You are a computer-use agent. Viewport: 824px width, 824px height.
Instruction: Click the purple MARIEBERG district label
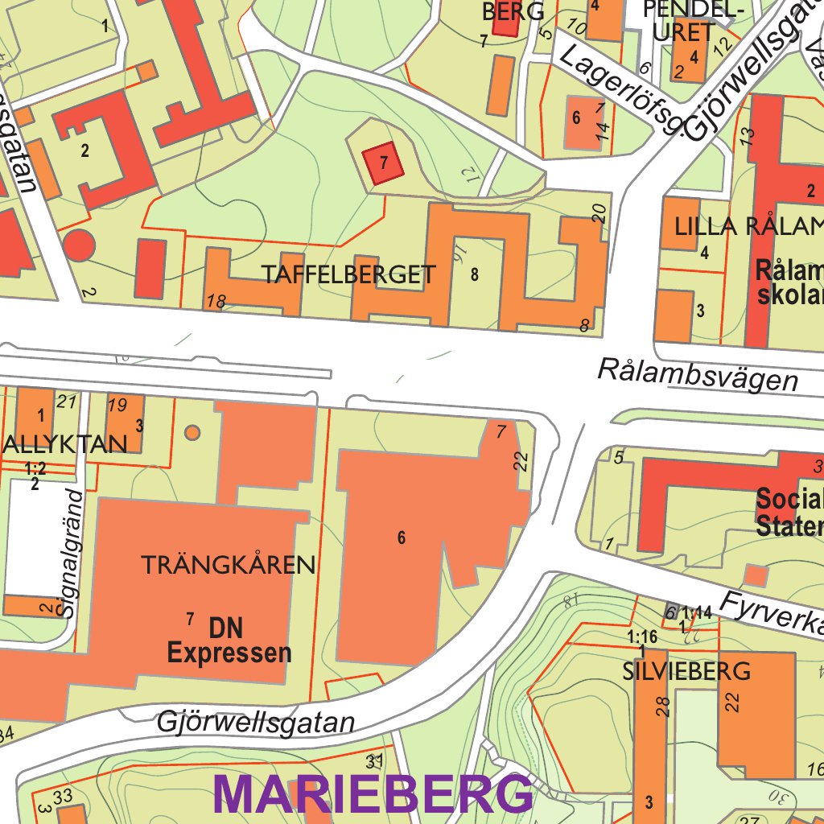point(373,795)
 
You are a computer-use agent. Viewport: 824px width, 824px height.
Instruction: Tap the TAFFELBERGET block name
point(348,275)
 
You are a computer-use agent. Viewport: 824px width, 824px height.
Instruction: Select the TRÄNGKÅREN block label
point(229,565)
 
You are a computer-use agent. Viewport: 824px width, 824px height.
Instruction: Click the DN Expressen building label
point(229,641)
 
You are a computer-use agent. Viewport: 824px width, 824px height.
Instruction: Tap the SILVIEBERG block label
point(686,671)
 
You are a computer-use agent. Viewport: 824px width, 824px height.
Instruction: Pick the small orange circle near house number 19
point(192,433)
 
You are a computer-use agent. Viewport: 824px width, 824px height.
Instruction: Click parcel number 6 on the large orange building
point(402,538)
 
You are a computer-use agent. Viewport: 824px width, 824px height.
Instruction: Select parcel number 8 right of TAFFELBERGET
point(475,274)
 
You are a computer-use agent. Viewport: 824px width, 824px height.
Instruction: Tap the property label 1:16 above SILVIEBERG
point(641,637)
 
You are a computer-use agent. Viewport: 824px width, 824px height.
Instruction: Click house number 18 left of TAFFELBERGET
point(216,302)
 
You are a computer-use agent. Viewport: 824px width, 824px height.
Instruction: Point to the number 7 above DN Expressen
point(190,619)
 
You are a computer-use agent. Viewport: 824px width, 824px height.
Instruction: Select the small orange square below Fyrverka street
point(756,575)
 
